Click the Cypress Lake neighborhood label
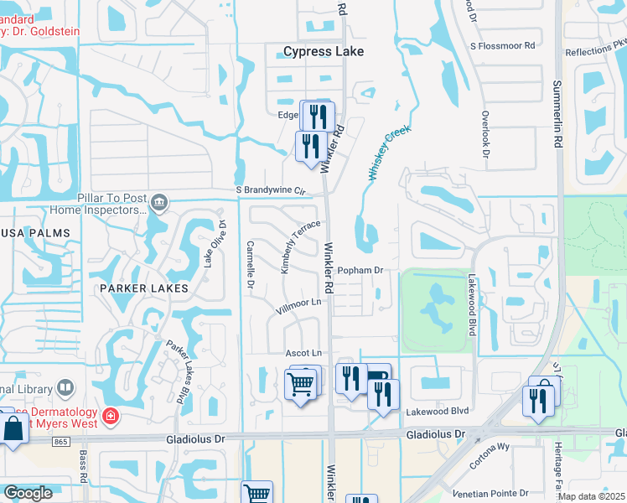(x=324, y=51)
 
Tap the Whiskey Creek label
(x=390, y=153)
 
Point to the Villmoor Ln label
(x=299, y=306)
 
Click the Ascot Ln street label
(x=303, y=353)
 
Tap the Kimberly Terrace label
(x=300, y=246)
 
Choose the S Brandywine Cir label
(x=267, y=191)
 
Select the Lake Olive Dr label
(x=212, y=244)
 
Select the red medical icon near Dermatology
(x=110, y=416)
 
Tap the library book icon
(x=65, y=388)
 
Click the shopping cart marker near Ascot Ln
(x=301, y=384)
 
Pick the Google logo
(x=28, y=492)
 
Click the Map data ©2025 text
(x=592, y=496)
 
